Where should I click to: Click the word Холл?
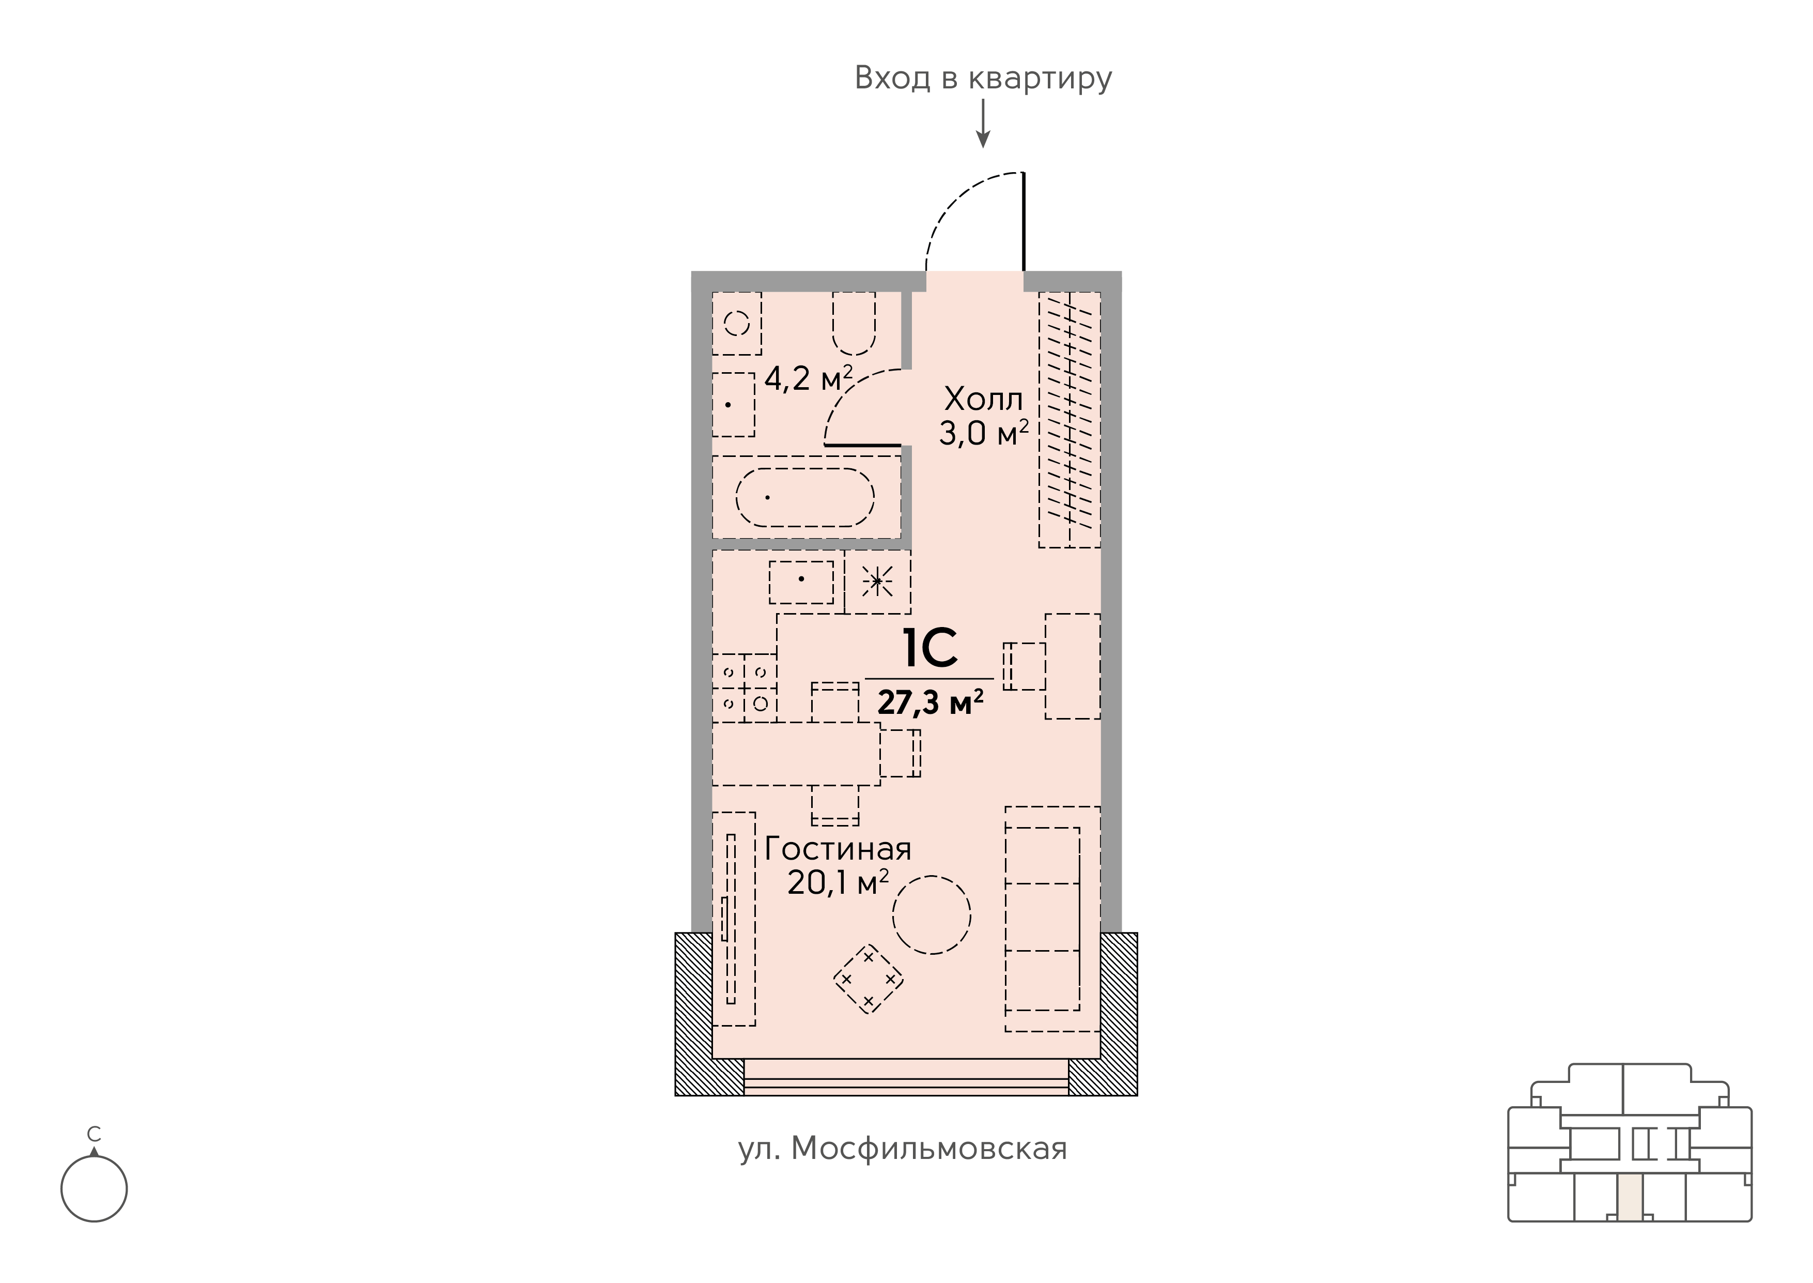click(983, 400)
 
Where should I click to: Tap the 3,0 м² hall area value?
click(983, 433)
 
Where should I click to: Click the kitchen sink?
click(801, 582)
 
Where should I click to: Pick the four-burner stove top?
click(745, 688)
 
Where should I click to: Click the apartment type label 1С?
click(929, 649)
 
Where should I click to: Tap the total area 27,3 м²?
click(930, 701)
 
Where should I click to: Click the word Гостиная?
click(838, 849)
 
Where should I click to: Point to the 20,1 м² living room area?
click(838, 882)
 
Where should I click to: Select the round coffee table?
click(932, 915)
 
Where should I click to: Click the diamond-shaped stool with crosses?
click(869, 979)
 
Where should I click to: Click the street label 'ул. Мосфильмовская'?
click(903, 1149)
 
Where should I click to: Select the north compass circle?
click(94, 1188)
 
